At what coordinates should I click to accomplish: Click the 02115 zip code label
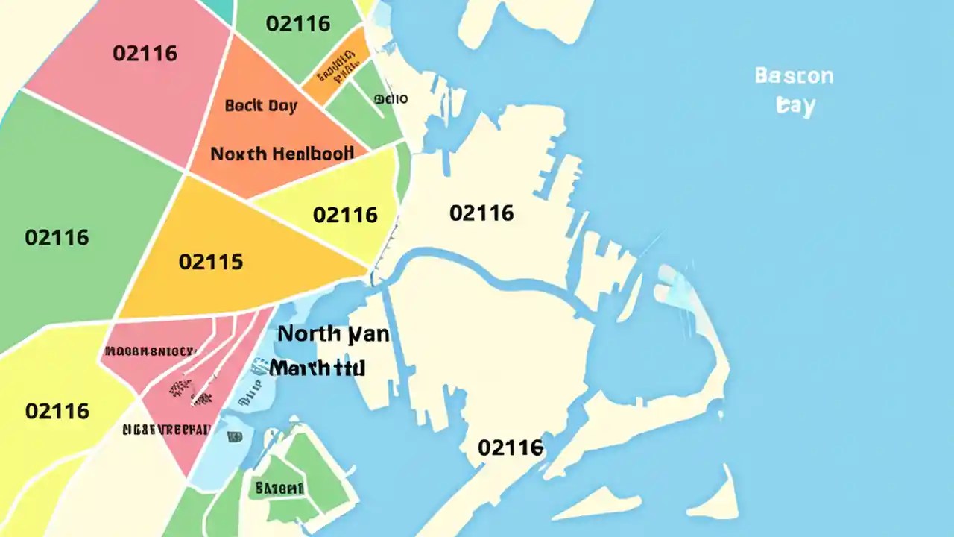coord(211,262)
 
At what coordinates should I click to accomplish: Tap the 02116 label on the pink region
coord(145,54)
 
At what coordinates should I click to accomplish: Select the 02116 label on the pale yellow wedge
coord(345,215)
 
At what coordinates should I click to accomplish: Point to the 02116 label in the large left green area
coord(57,238)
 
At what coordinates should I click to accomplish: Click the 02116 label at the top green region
coord(298,23)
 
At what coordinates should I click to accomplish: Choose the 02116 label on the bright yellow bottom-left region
coord(57,411)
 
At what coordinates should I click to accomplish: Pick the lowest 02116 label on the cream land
coord(511,447)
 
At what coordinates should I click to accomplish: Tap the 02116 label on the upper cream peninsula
coord(481,213)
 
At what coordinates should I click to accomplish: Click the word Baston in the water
coord(793,76)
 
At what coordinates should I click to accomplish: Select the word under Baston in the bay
coord(795,105)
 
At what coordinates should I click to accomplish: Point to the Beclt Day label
coord(261,105)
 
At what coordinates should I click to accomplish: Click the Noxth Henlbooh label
coord(282,154)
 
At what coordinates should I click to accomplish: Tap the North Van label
coord(333,334)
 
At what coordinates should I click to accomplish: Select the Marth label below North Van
coord(318,368)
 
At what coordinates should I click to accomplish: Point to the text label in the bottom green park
coord(279,489)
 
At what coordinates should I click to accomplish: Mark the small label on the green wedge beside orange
coord(391,98)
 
